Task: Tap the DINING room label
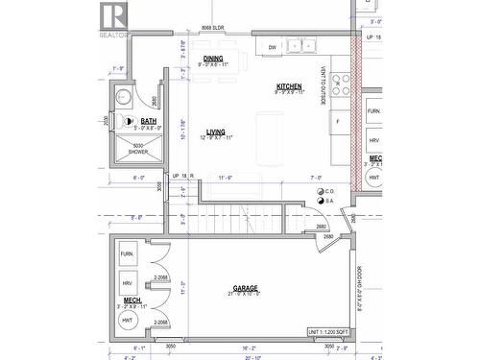click(212, 59)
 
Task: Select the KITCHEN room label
click(289, 85)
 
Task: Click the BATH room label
click(148, 121)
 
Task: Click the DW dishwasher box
click(273, 46)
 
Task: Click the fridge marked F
click(337, 121)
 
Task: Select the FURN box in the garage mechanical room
click(127, 255)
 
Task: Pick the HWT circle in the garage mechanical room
click(127, 321)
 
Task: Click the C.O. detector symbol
click(320, 191)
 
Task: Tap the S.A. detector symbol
click(320, 202)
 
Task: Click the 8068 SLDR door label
click(212, 30)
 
